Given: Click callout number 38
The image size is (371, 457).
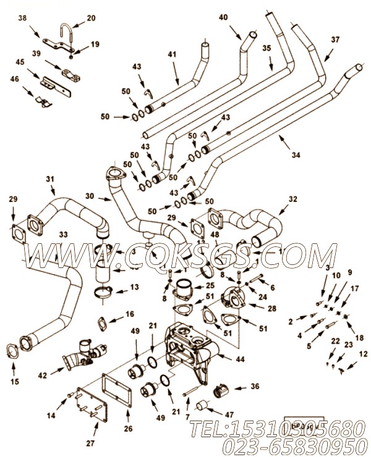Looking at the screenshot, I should (x=23, y=19).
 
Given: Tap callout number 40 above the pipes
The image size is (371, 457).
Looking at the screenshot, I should (x=223, y=19).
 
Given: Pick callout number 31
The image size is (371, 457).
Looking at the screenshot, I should (x=51, y=179).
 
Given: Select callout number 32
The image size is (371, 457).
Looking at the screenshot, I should (x=292, y=199).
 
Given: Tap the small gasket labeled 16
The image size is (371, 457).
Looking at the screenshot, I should (x=103, y=323).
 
